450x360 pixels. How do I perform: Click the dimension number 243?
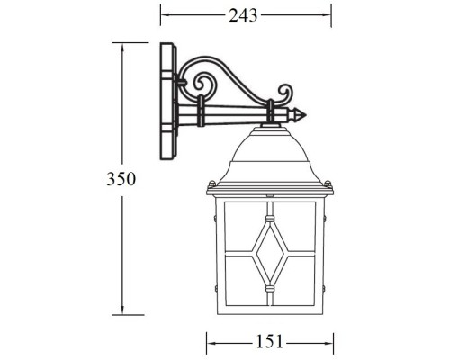tap(244, 15)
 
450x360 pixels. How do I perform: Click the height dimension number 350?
tap(121, 179)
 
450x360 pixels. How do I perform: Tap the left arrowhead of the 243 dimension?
tap(163, 15)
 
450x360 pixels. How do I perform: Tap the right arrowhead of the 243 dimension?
tap(328, 15)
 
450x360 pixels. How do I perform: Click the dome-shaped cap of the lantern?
tap(270, 155)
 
